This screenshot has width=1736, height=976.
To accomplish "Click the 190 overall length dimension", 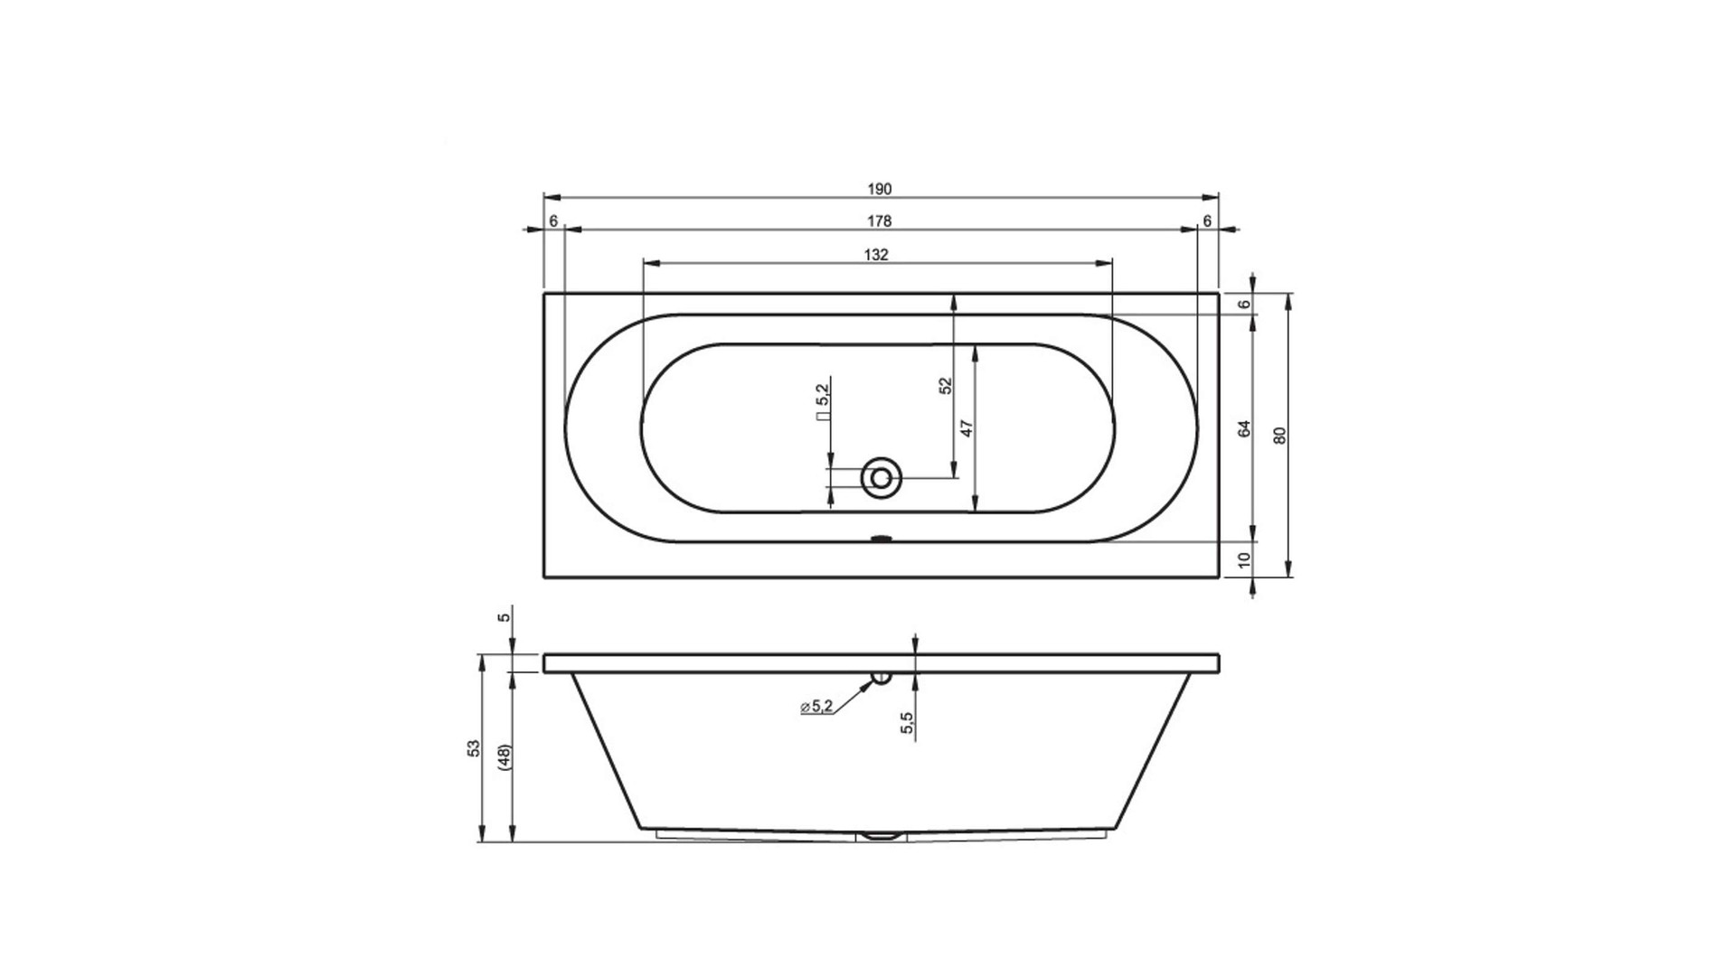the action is tap(880, 189).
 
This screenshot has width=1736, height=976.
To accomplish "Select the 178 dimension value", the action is tap(880, 221).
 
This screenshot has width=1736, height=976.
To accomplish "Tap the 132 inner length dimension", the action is tap(876, 255).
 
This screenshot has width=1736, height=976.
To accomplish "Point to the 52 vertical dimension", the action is tap(946, 385).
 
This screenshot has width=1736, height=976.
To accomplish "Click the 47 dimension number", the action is tap(966, 428).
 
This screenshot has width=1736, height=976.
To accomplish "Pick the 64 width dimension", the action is tap(1244, 429).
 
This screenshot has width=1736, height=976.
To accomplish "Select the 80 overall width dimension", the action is tap(1278, 436).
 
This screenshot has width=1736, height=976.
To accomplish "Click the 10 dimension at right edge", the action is tap(1244, 560).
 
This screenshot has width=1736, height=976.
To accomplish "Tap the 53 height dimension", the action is tap(473, 748).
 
